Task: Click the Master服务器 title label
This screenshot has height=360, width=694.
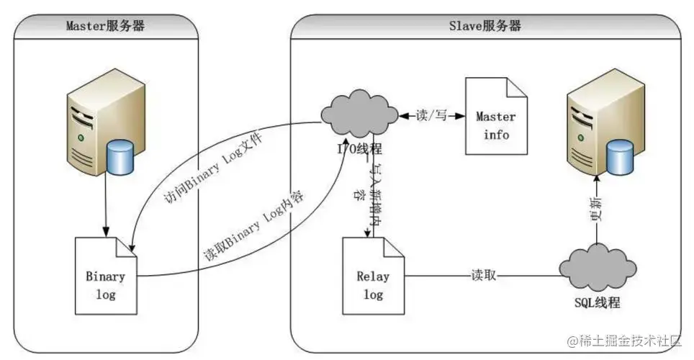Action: [105, 26]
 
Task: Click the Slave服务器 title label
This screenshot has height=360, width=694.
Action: [485, 26]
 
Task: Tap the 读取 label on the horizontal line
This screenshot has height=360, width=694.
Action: [482, 275]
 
